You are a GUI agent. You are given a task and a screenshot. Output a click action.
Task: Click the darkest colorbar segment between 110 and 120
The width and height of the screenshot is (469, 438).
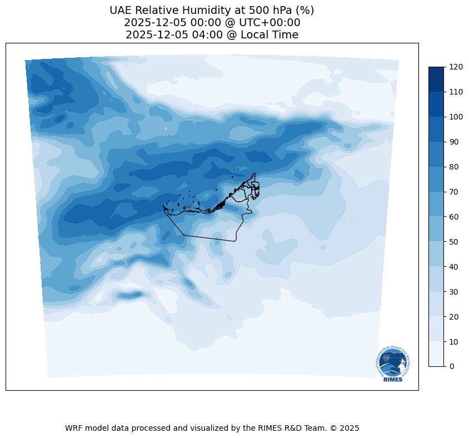tap(437, 79)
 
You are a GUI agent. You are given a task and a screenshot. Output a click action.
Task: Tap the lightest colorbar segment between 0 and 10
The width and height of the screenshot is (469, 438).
tap(437, 354)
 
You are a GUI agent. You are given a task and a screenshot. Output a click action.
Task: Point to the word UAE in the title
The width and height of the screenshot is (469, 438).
tap(121, 10)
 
